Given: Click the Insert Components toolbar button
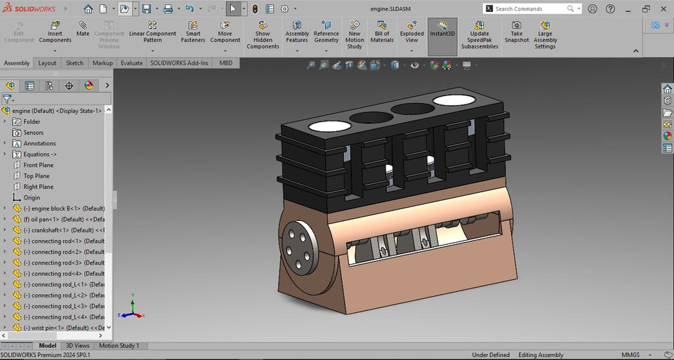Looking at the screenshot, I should point(55,33).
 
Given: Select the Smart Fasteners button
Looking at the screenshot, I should point(193,33).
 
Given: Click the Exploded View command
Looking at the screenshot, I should point(412,33).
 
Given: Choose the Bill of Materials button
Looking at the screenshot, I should point(382,33).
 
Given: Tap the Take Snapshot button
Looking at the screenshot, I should point(517,33).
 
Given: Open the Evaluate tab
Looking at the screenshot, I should point(131,63).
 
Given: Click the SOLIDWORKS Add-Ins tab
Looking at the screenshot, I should point(179,63).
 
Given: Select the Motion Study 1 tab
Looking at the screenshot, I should point(119,345).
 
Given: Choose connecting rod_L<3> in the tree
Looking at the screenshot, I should point(63,306).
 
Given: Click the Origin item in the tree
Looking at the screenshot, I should point(32,198).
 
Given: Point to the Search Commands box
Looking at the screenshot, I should point(530,8).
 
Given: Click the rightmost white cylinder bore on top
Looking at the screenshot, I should point(454,100).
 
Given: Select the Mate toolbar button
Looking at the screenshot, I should point(83,29).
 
